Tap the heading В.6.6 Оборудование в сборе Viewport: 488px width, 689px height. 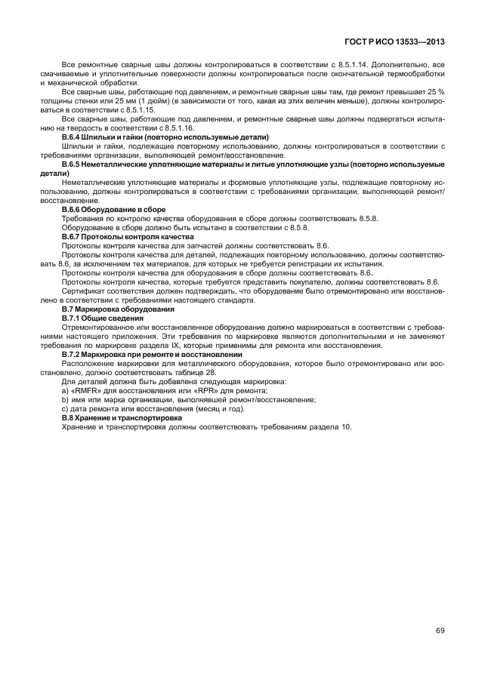(113, 208)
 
